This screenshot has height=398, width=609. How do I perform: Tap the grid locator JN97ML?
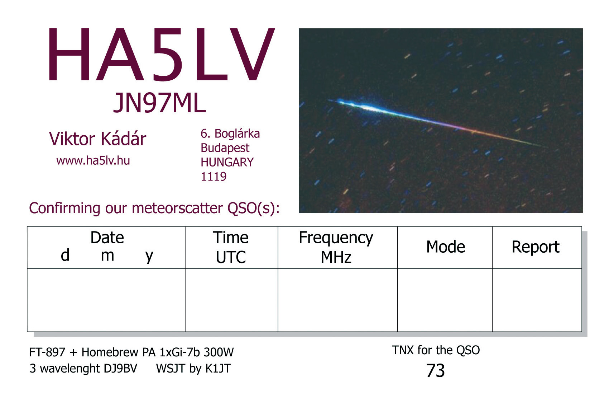click(x=159, y=103)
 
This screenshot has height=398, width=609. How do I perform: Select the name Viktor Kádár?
click(x=97, y=139)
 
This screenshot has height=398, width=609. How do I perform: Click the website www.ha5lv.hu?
click(x=93, y=161)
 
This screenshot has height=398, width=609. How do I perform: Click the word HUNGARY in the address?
click(x=227, y=162)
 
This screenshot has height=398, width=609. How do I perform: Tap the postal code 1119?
click(x=214, y=177)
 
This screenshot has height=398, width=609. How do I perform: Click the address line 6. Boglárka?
click(x=230, y=134)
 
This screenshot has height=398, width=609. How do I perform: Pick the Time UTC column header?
click(x=231, y=247)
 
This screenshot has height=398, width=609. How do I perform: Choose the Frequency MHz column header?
click(x=336, y=247)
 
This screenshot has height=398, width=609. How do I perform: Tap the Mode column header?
click(x=446, y=247)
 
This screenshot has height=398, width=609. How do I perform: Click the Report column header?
click(x=536, y=247)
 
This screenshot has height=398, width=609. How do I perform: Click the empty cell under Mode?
click(x=445, y=300)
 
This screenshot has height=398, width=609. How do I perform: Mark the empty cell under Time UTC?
click(x=232, y=300)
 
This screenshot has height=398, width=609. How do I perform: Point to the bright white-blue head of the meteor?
click(x=364, y=107)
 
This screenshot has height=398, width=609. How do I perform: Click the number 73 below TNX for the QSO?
click(x=435, y=370)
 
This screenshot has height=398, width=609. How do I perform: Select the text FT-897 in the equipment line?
click(x=47, y=352)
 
